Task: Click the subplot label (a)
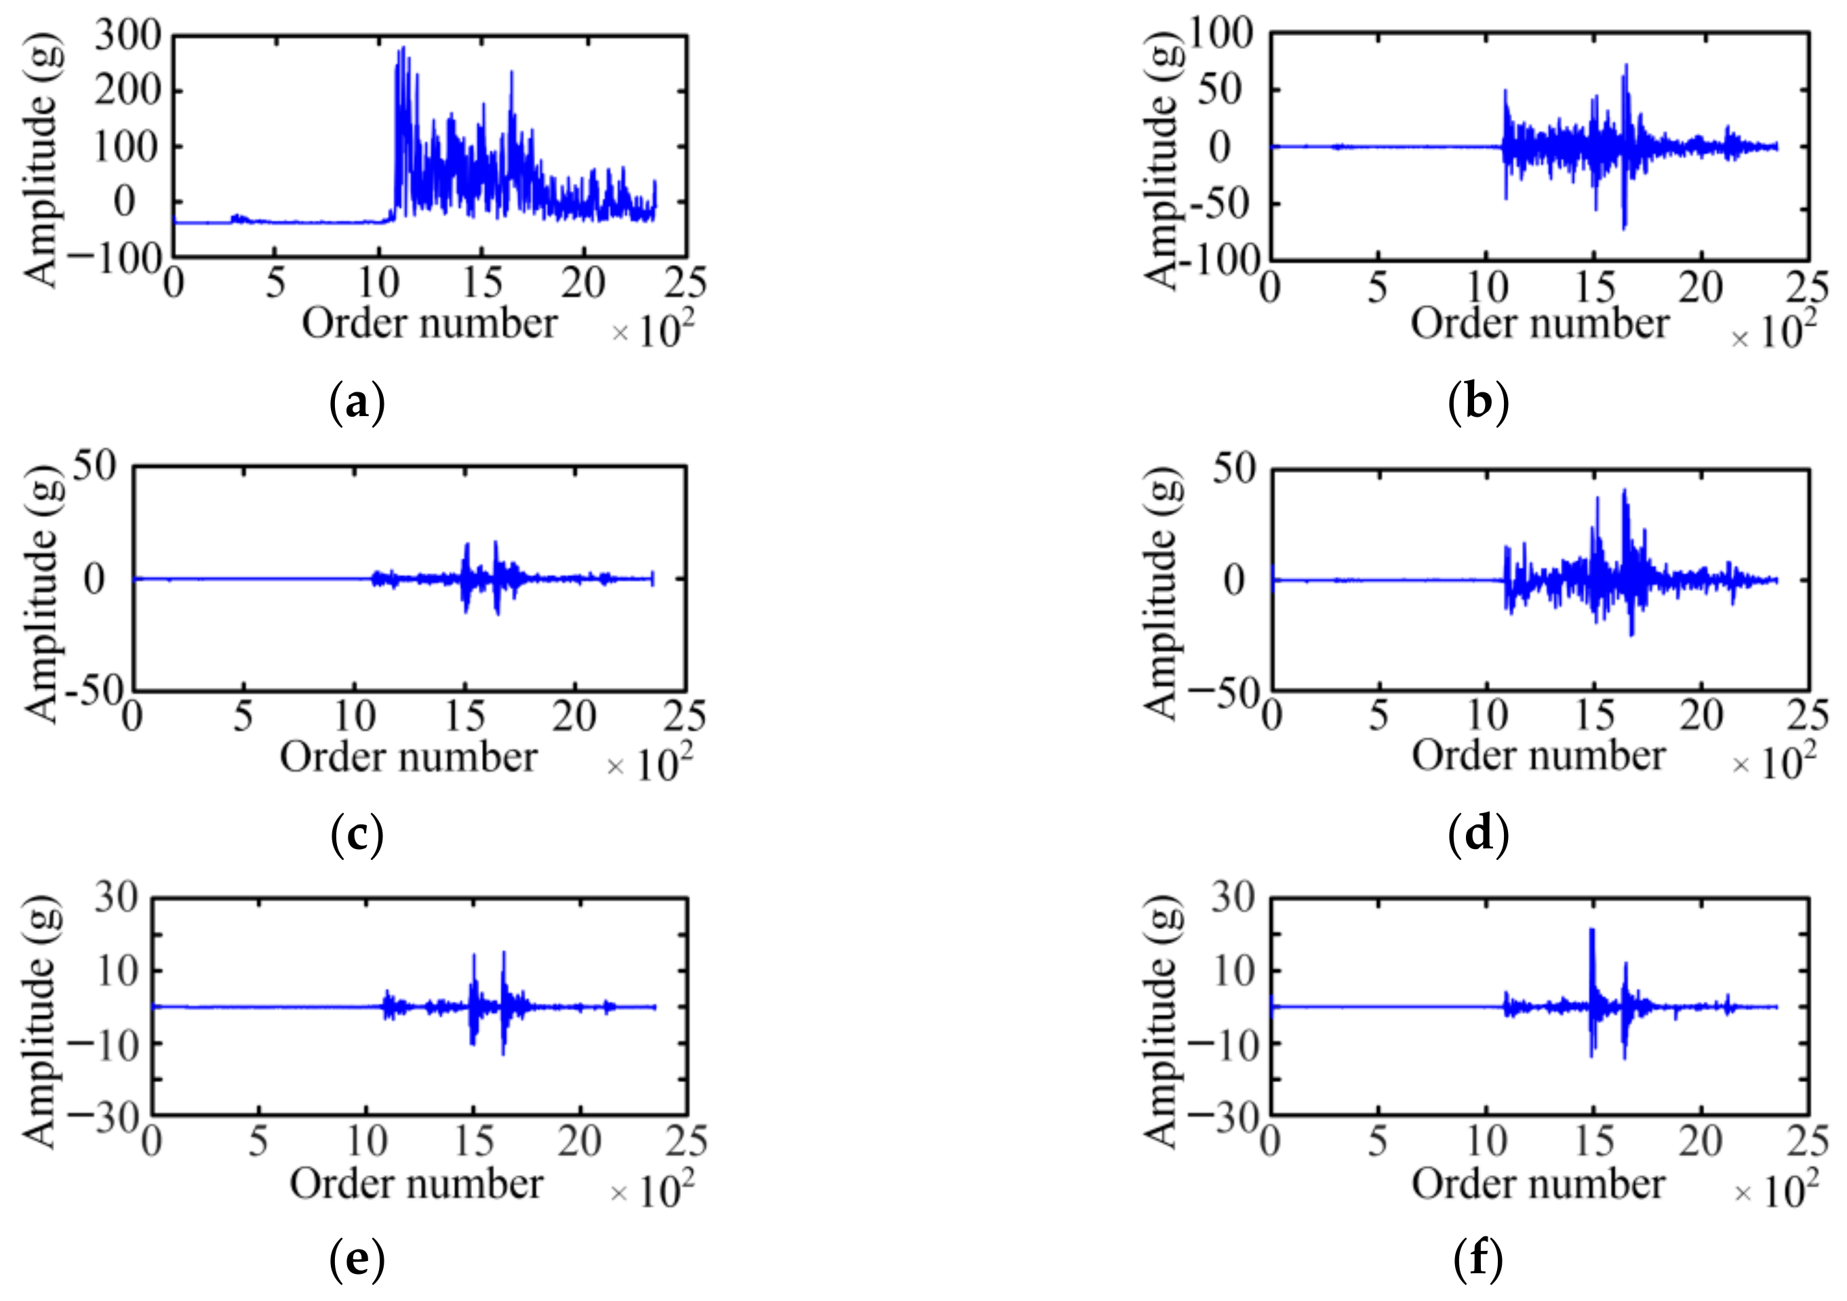point(357,401)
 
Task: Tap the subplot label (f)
point(1477,1259)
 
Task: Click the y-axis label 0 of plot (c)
point(94,579)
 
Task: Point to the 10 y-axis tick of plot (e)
point(117,970)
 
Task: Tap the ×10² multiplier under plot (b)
point(1773,332)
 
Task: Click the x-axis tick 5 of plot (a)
point(275,283)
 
